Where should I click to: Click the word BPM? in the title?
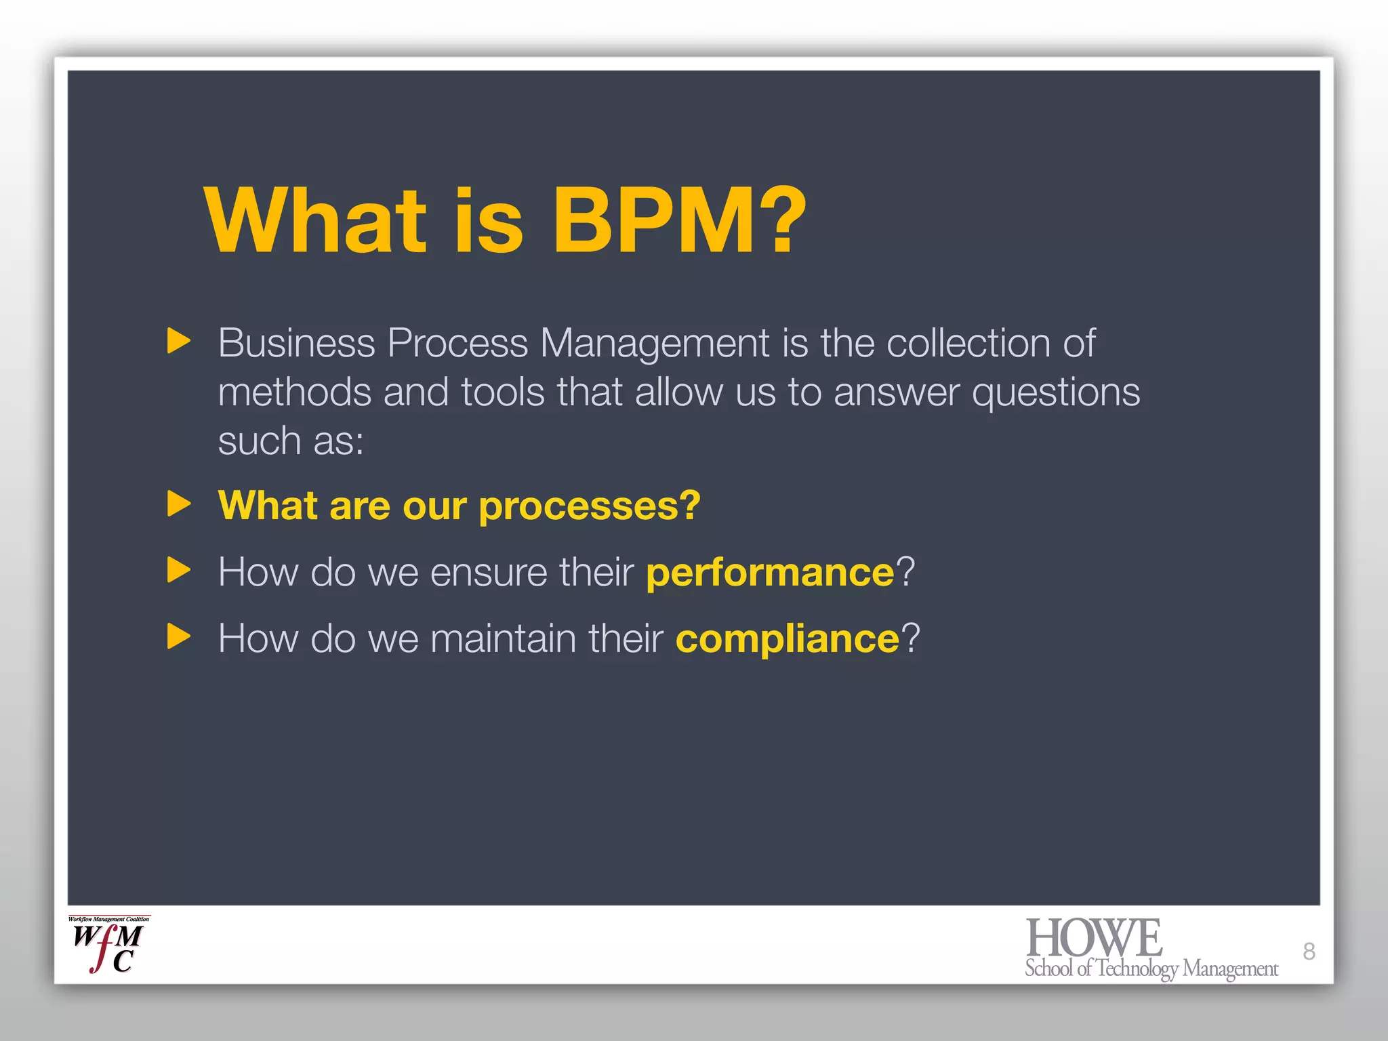pyautogui.click(x=679, y=221)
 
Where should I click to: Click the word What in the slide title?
pyautogui.click(x=315, y=221)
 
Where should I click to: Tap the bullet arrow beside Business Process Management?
pyautogui.click(x=178, y=341)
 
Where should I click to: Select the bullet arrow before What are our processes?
pyautogui.click(x=178, y=504)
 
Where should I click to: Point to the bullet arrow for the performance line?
pyautogui.click(x=178, y=570)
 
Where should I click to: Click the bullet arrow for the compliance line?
pyautogui.click(x=178, y=636)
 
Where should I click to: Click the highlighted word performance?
pyautogui.click(x=771, y=573)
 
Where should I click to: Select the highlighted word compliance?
pyautogui.click(x=787, y=638)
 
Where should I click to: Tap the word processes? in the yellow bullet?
pyautogui.click(x=589, y=507)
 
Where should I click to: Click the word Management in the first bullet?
pyautogui.click(x=655, y=344)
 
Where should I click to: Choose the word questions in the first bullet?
pyautogui.click(x=1056, y=394)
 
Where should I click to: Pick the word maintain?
pyautogui.click(x=503, y=638)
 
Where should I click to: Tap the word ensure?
pyautogui.click(x=488, y=573)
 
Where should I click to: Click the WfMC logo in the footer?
pyautogui.click(x=108, y=945)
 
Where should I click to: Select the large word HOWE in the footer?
pyautogui.click(x=1094, y=938)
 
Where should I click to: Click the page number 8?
pyautogui.click(x=1309, y=952)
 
